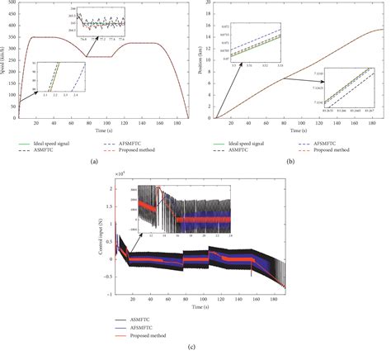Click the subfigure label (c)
[195, 353]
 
